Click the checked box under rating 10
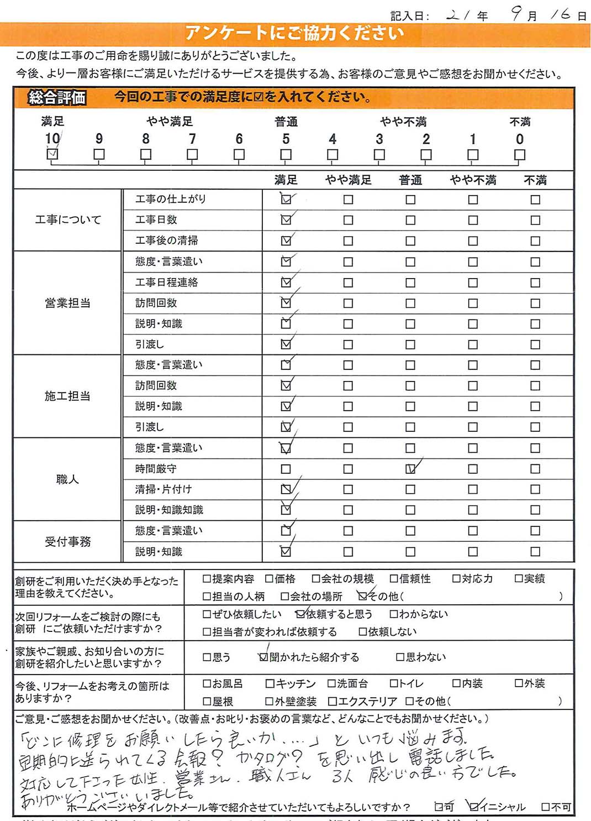click(52, 155)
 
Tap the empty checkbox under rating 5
click(286, 155)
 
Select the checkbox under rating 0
click(519, 155)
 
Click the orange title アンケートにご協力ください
click(294, 34)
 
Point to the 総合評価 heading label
click(57, 98)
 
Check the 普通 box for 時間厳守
click(410, 469)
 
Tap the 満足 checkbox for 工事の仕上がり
click(286, 200)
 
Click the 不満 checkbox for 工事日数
click(535, 220)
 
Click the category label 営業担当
click(67, 303)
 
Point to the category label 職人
click(67, 479)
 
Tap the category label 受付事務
click(67, 542)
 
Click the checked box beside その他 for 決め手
click(362, 596)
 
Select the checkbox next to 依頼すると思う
click(300, 614)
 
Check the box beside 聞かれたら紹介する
click(263, 657)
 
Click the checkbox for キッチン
click(270, 684)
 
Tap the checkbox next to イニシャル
click(473, 807)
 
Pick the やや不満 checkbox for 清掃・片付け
click(473, 489)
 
